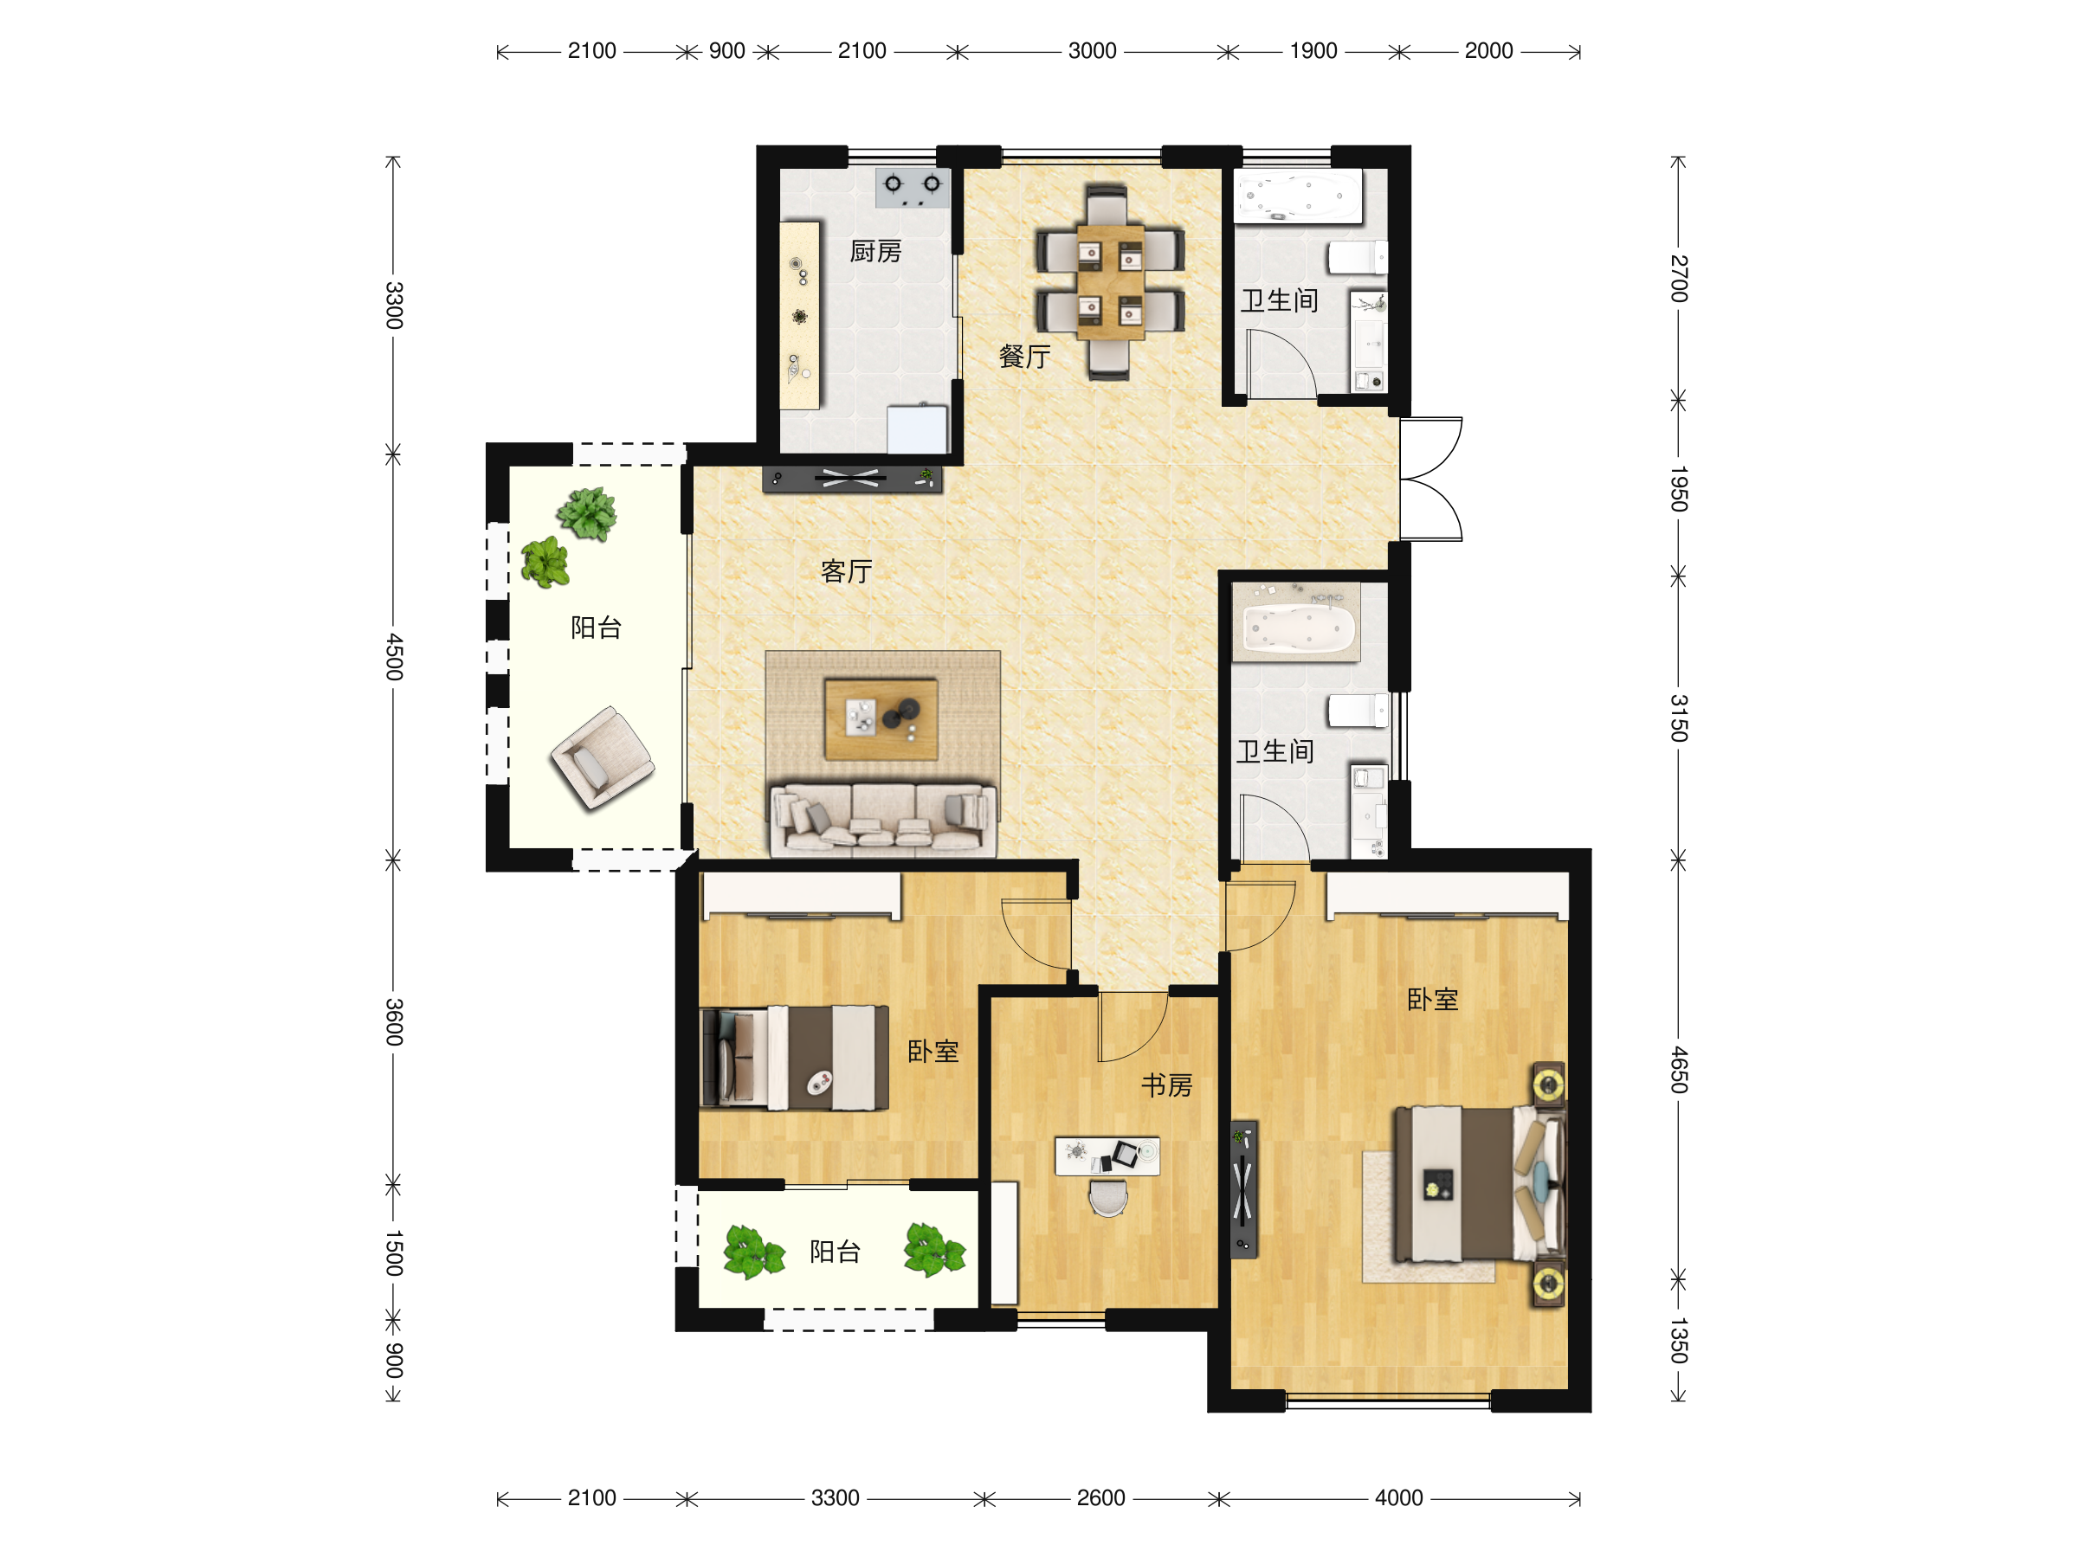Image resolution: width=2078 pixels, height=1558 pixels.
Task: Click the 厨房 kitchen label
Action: coord(874,252)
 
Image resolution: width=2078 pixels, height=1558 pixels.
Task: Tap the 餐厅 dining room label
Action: coord(1024,357)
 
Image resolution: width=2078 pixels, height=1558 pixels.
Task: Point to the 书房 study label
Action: coord(1167,1085)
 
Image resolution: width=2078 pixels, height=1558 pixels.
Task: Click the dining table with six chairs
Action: coord(1109,281)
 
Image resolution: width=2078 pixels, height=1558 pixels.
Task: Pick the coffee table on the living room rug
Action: coord(881,719)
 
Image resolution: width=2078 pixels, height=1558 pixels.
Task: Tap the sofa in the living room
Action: coord(883,820)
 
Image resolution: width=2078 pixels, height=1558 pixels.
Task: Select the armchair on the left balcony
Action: coord(602,758)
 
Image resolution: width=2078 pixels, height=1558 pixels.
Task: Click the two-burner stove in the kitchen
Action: coord(913,188)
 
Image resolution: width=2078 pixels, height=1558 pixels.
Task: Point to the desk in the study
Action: coord(1107,1156)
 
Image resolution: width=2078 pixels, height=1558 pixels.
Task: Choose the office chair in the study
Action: coord(1108,1197)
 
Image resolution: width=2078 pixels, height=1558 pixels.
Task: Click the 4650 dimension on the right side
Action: coord(1679,1070)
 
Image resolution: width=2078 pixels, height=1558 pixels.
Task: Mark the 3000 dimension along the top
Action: coord(1092,51)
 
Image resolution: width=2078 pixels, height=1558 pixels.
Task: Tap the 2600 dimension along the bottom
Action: coord(1100,1498)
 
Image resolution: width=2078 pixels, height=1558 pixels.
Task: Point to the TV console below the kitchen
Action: coord(852,479)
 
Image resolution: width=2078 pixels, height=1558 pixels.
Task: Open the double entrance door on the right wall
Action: coord(1430,479)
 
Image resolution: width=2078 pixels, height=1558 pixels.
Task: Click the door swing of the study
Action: coord(1133,1027)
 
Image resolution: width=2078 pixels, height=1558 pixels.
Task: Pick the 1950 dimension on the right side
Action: coord(1679,488)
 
